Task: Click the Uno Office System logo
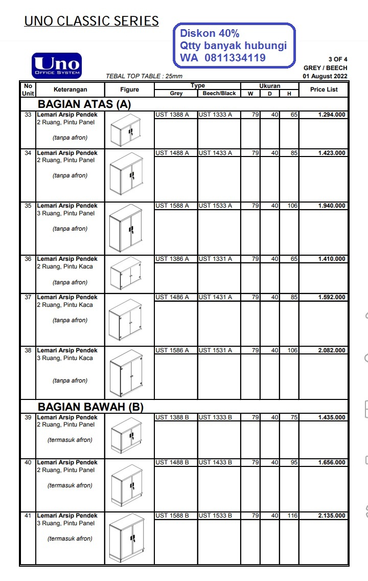point(57,66)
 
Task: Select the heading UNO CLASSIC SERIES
point(91,21)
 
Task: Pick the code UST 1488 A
point(172,153)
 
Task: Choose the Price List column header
point(324,90)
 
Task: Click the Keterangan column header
point(70,90)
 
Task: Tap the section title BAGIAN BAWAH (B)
point(90,407)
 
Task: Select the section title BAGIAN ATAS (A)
point(84,104)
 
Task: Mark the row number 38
point(28,351)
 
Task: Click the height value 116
point(292,516)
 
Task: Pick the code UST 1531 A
point(215,351)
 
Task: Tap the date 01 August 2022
point(325,76)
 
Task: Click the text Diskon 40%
point(210,33)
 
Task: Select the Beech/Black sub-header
point(219,94)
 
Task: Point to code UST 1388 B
point(172,418)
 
